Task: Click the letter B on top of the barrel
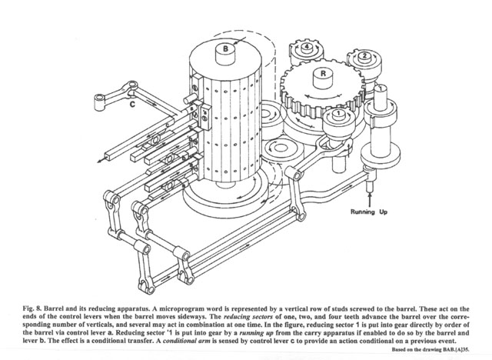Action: tap(227, 48)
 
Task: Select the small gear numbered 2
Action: tap(362, 55)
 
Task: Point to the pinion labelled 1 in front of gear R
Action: tap(335, 116)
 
